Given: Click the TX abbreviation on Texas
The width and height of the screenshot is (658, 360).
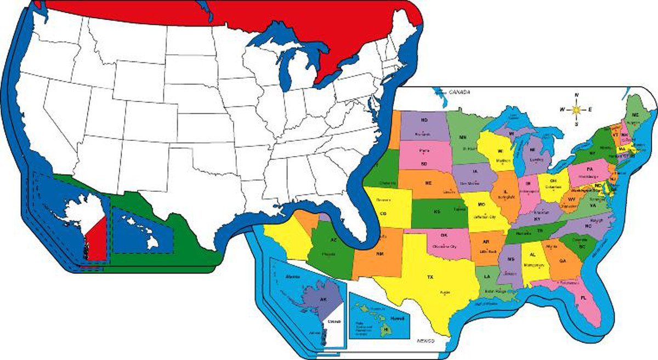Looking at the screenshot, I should pyautogui.click(x=430, y=277).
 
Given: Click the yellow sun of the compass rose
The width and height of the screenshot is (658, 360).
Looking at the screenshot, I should pyautogui.click(x=576, y=110).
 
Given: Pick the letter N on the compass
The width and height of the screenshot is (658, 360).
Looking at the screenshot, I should pyautogui.click(x=576, y=95).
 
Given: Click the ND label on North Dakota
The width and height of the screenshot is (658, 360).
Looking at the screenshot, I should pyautogui.click(x=424, y=119).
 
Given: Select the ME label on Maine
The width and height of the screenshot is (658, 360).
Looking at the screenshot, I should pyautogui.click(x=636, y=115).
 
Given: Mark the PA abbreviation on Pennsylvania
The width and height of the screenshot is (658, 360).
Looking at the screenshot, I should pyautogui.click(x=590, y=169).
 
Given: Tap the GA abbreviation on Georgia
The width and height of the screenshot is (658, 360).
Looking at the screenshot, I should pyautogui.click(x=563, y=261).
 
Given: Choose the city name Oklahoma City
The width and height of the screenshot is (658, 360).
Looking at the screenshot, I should pyautogui.click(x=445, y=247).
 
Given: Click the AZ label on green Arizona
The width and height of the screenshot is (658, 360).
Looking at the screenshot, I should pyautogui.click(x=333, y=241).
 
